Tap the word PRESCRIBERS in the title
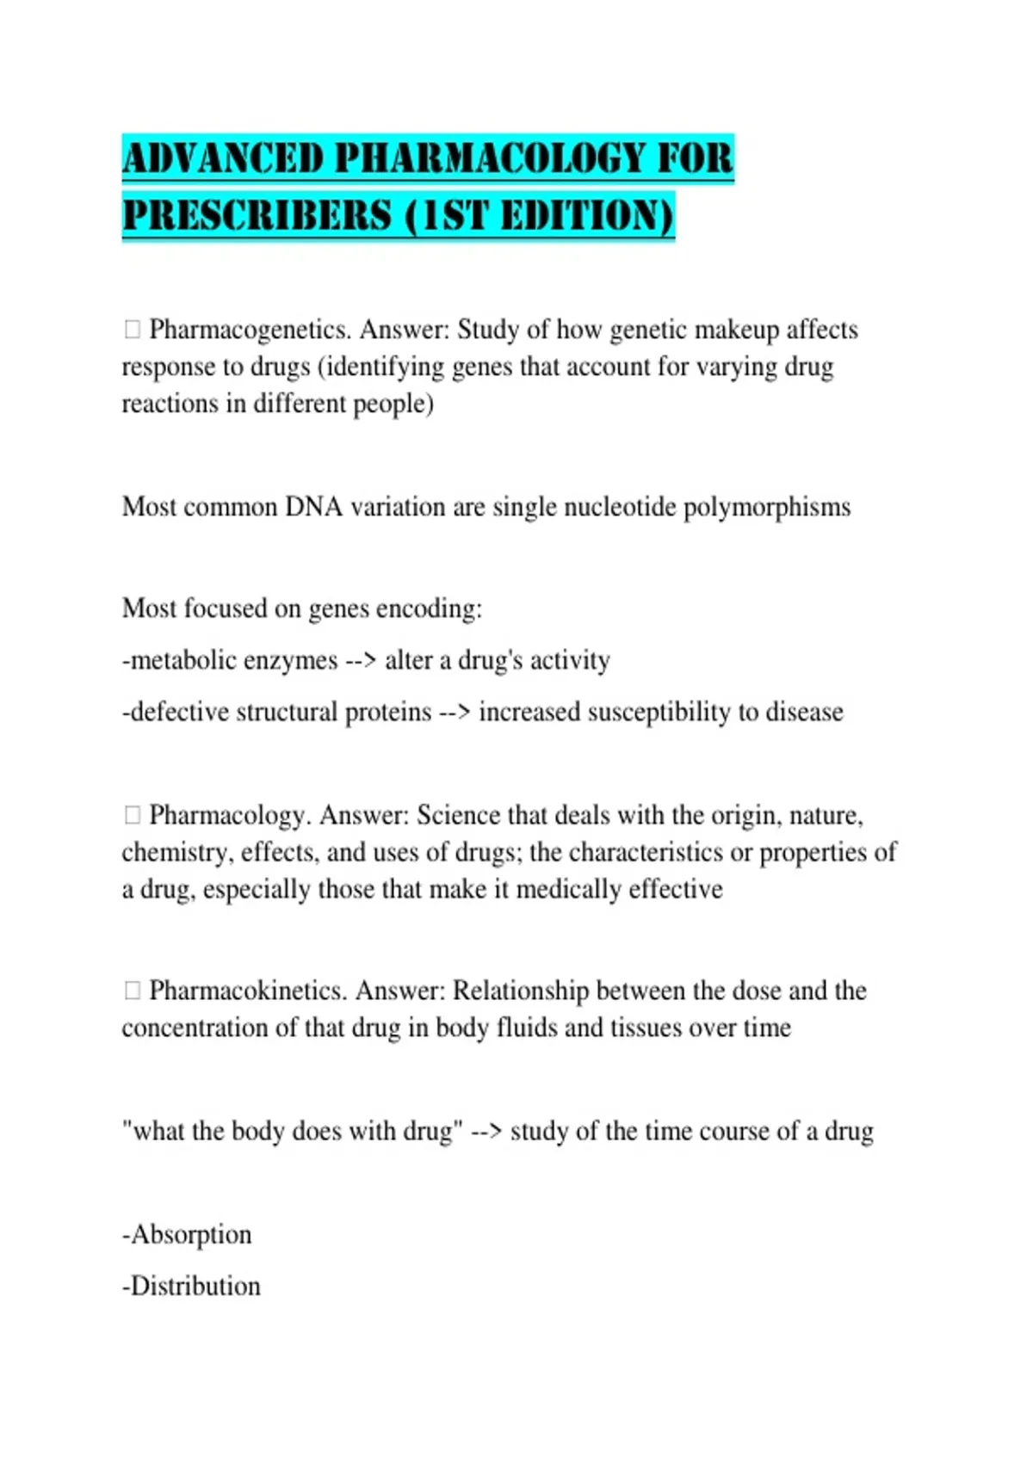[257, 215]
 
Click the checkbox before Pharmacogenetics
[132, 330]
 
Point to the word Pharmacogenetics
[248, 330]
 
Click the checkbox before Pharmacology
[132, 815]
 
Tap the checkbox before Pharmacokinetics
[132, 991]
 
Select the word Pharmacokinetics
[248, 991]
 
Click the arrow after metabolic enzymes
[361, 661]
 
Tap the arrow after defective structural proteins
[455, 713]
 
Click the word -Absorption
[187, 1235]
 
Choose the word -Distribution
[191, 1287]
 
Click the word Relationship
[521, 991]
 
